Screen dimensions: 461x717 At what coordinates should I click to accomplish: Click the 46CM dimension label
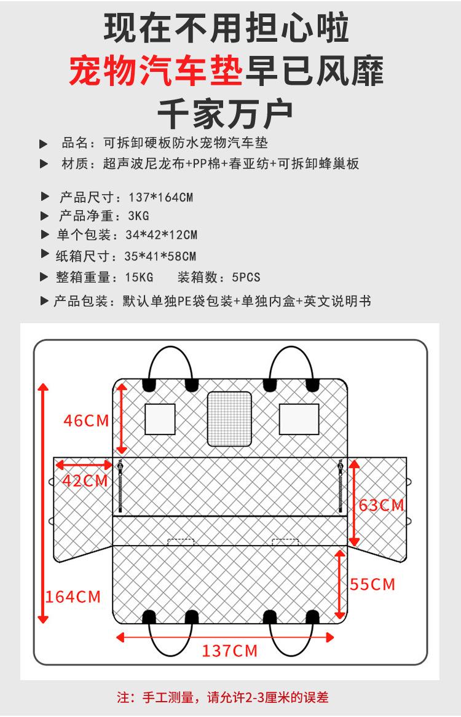point(86,421)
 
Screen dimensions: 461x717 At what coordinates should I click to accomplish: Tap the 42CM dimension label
point(85,480)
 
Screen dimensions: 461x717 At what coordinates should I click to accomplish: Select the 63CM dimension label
point(382,505)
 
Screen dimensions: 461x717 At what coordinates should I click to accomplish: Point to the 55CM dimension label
point(372,584)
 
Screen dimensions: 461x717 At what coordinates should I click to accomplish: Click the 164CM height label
point(73,596)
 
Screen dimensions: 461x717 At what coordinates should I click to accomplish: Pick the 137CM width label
point(230,651)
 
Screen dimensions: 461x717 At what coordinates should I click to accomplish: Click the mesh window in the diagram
point(229,419)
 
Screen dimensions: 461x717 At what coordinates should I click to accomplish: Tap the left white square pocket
point(160,419)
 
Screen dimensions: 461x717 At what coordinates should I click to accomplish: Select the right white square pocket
point(299,419)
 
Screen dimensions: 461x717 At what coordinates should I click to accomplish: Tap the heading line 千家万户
point(225,112)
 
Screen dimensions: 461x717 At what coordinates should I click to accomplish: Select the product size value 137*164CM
point(161,198)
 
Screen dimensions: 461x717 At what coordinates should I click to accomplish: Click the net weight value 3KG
point(139,216)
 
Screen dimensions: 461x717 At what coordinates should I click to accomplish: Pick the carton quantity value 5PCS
point(246,278)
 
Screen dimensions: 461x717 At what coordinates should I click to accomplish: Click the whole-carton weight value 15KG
point(139,278)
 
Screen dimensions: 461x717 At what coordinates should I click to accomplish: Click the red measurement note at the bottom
point(223,697)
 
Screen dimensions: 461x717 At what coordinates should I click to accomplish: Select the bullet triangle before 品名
point(44,144)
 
